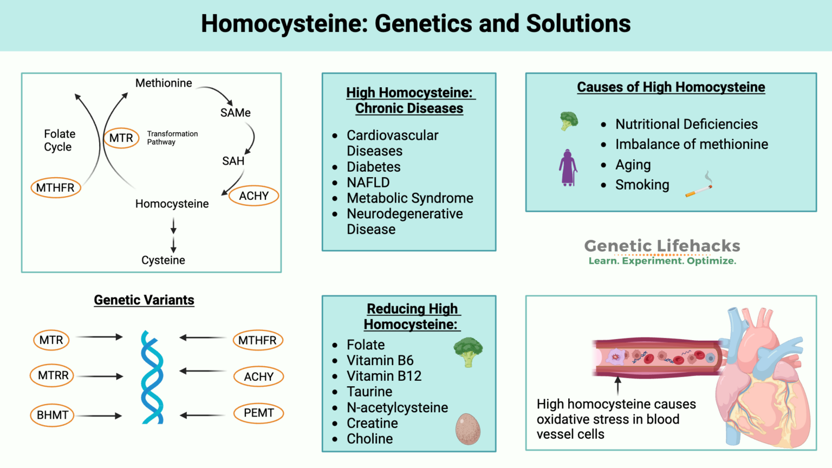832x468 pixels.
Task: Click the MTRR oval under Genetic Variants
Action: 52,375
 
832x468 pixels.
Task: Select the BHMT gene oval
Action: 52,415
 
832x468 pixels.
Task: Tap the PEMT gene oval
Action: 258,413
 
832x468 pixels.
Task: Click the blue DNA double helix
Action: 152,377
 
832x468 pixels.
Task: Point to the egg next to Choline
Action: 467,429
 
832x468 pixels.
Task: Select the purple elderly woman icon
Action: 568,168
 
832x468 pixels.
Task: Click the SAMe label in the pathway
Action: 235,113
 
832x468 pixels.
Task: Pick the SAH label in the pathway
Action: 233,161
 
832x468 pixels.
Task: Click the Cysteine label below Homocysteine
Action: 163,260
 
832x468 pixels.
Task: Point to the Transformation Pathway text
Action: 172,138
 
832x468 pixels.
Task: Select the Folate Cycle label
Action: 59,140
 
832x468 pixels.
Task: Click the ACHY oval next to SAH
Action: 253,196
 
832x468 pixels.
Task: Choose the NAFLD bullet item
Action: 368,183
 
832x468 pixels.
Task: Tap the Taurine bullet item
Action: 369,392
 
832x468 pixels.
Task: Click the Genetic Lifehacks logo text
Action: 662,246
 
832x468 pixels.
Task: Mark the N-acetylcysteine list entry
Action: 397,407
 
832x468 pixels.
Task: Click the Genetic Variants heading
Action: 144,300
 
